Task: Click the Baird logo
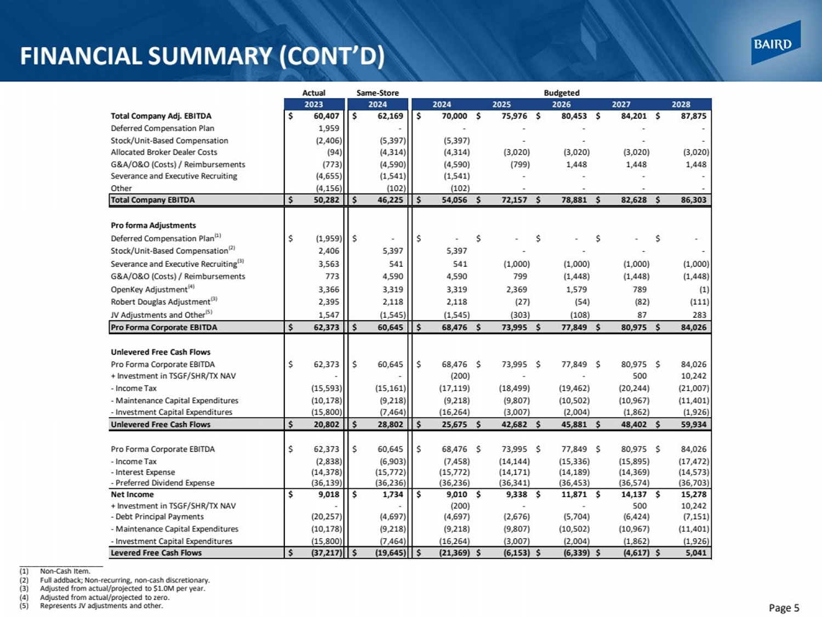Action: click(x=775, y=43)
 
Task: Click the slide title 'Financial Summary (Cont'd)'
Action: click(x=202, y=56)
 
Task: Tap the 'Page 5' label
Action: click(x=784, y=608)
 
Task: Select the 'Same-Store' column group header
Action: click(x=377, y=93)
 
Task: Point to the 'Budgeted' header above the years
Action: click(x=561, y=93)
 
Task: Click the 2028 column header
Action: click(x=681, y=104)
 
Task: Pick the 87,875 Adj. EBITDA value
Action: click(x=693, y=116)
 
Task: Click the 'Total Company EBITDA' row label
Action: click(x=152, y=200)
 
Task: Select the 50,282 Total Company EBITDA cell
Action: click(x=326, y=200)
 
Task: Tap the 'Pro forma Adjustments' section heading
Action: click(x=153, y=225)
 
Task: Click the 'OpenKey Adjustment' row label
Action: click(x=149, y=289)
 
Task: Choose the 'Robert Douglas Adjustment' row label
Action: click(x=161, y=302)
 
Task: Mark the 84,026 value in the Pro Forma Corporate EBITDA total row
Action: click(x=693, y=327)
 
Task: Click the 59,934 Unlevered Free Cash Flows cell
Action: click(x=693, y=424)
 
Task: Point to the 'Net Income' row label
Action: click(x=132, y=494)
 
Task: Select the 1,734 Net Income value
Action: click(x=392, y=494)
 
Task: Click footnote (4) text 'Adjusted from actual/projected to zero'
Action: click(x=105, y=597)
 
